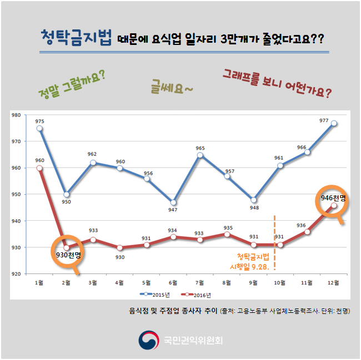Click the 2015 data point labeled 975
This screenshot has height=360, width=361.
pyautogui.click(x=39, y=128)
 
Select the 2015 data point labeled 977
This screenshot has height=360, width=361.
pyautogui.click(x=334, y=123)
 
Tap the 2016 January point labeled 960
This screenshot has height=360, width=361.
pyautogui.click(x=39, y=168)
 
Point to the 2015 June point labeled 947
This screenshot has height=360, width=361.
pyautogui.click(x=173, y=202)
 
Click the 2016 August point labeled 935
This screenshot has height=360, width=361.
pyautogui.click(x=227, y=234)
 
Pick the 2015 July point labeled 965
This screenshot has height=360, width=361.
pyautogui.click(x=200, y=155)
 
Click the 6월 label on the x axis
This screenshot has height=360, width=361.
pyautogui.click(x=173, y=283)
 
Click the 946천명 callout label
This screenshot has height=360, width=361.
pyautogui.click(x=333, y=198)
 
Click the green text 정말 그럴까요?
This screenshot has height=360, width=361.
pyautogui.click(x=73, y=82)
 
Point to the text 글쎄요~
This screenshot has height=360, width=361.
pyautogui.click(x=172, y=87)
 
